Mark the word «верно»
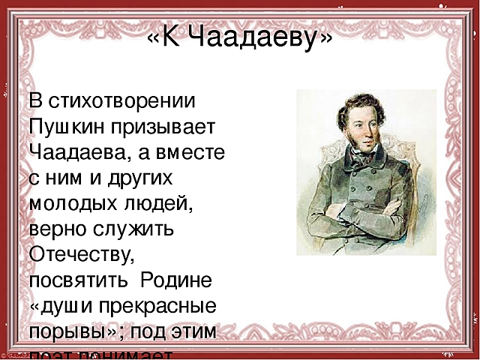click(58, 229)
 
